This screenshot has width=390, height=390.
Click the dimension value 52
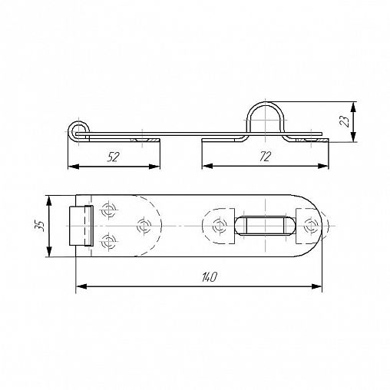[x=113, y=157]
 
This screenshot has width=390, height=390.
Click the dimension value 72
[x=265, y=157]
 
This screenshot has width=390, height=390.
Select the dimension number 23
[x=345, y=121]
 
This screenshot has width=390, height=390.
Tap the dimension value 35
[x=40, y=226]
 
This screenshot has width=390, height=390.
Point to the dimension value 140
[x=210, y=277]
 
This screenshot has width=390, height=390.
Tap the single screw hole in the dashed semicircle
[x=144, y=226]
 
